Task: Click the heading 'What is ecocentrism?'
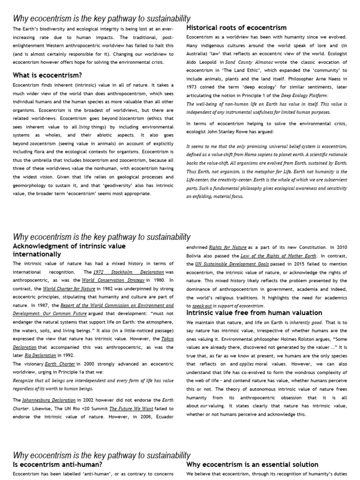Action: (x=47, y=75)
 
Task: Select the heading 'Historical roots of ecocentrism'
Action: (x=236, y=28)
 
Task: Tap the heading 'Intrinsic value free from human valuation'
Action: (x=261, y=313)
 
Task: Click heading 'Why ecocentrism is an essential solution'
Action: (x=252, y=465)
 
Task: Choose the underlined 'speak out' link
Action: (x=202, y=306)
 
